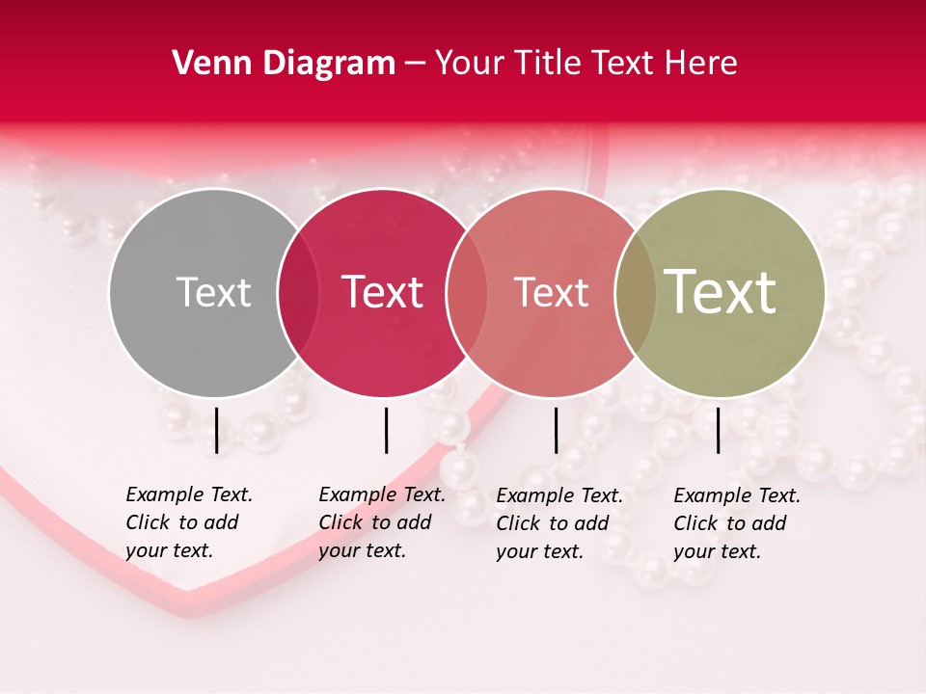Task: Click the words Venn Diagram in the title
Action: [x=284, y=64]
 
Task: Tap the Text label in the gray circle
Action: [x=213, y=293]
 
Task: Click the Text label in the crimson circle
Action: [x=383, y=293]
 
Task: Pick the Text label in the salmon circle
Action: [x=551, y=293]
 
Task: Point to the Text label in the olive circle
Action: [x=721, y=291]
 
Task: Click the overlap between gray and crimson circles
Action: [x=298, y=293]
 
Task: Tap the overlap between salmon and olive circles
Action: [x=636, y=293]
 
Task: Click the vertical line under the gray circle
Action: [x=217, y=430]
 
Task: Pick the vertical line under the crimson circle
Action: [x=386, y=430]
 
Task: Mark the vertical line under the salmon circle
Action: [x=556, y=430]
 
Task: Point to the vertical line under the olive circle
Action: [x=719, y=430]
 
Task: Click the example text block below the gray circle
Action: [x=189, y=522]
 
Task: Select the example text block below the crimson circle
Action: [x=382, y=522]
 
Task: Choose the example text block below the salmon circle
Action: [x=559, y=523]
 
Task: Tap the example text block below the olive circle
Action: [x=737, y=523]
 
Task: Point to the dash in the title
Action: [x=415, y=65]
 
